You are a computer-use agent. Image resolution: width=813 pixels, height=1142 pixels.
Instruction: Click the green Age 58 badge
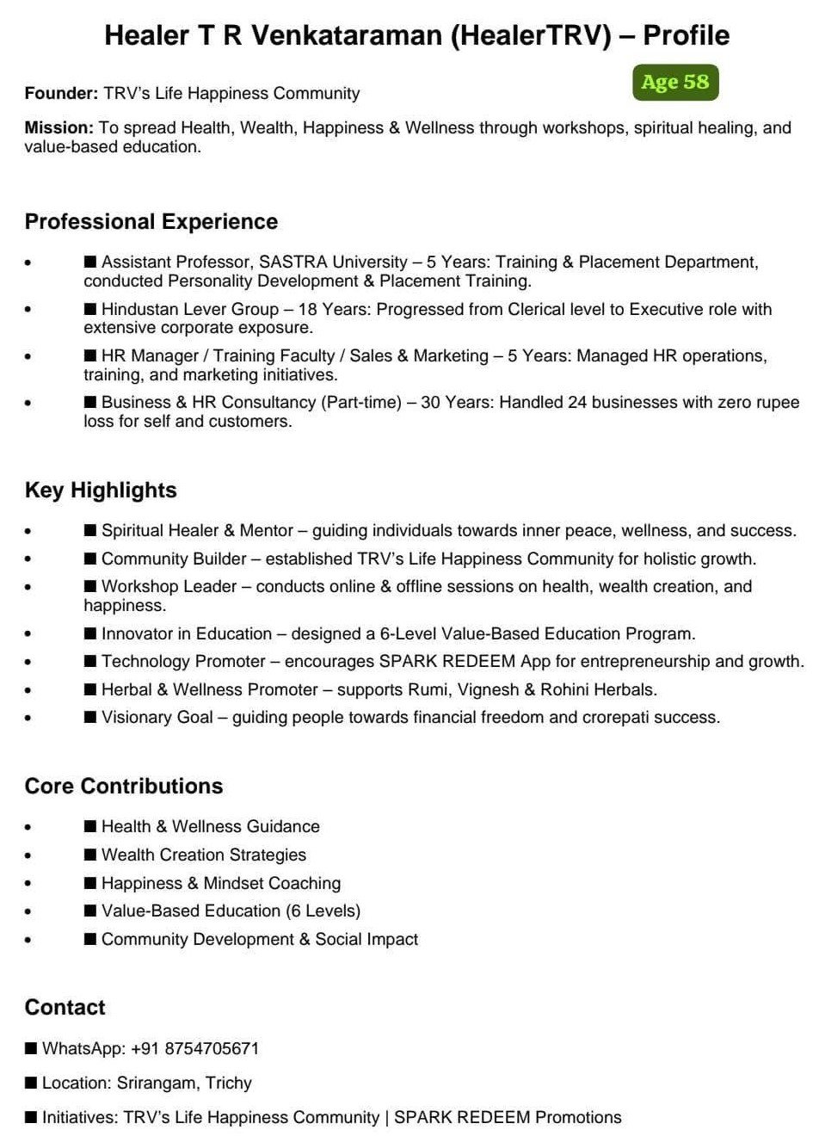pyautogui.click(x=675, y=83)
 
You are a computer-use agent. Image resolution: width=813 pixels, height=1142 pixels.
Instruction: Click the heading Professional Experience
pyautogui.click(x=151, y=222)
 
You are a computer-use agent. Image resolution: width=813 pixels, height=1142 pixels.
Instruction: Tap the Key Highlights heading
pyautogui.click(x=101, y=491)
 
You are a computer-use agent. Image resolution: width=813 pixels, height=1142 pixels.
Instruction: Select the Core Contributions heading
pyautogui.click(x=124, y=787)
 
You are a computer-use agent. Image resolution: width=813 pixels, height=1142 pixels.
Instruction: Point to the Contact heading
pyautogui.click(x=65, y=1008)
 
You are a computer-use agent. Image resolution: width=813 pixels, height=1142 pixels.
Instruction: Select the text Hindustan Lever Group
pyautogui.click(x=190, y=310)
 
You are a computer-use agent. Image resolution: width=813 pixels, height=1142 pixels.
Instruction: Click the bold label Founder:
pyautogui.click(x=61, y=94)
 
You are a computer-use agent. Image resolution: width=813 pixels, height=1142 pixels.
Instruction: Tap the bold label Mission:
pyautogui.click(x=59, y=128)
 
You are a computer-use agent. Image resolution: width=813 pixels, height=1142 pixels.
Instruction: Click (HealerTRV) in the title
pyautogui.click(x=531, y=36)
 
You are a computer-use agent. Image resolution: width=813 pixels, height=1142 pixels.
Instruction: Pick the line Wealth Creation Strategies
pyautogui.click(x=204, y=855)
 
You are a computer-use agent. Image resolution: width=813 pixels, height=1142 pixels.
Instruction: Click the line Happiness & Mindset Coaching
pyautogui.click(x=221, y=884)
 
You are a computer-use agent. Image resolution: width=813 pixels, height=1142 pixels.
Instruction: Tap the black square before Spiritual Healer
pyautogui.click(x=90, y=531)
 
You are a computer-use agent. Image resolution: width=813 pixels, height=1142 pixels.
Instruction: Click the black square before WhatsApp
pyautogui.click(x=31, y=1048)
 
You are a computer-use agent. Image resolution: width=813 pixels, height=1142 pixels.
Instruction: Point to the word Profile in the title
pyautogui.click(x=686, y=36)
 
